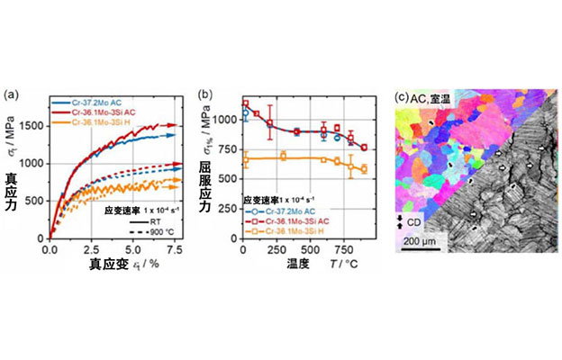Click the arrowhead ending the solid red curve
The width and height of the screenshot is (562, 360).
tap(180, 126)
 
